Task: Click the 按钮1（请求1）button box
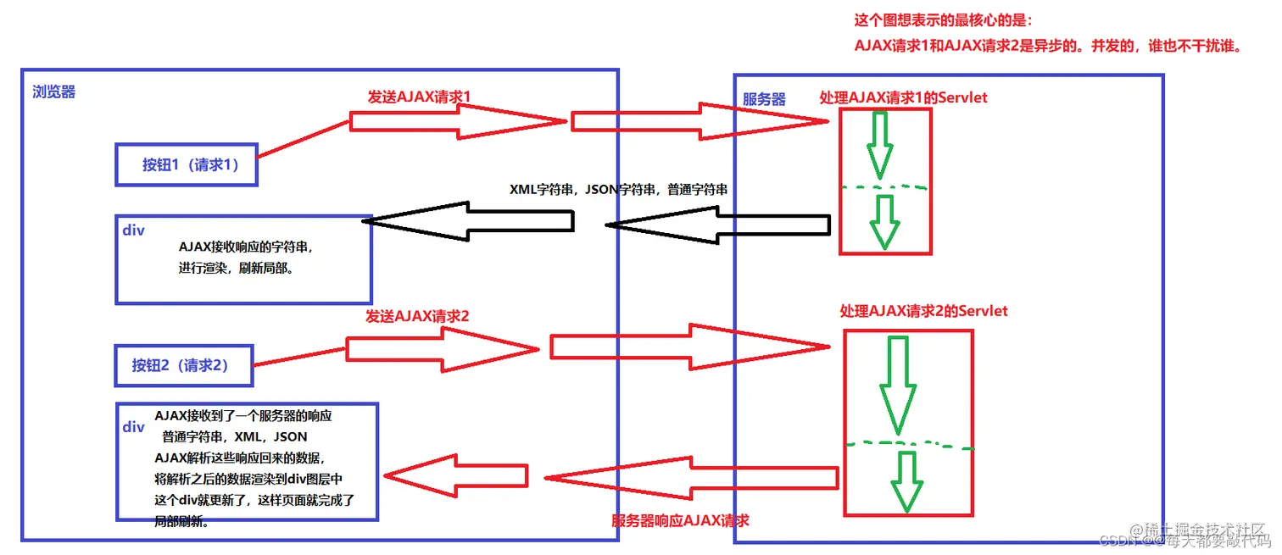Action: [x=186, y=165]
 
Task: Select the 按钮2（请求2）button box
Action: [x=184, y=366]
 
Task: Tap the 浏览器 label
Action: [x=54, y=92]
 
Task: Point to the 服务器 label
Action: [x=764, y=99]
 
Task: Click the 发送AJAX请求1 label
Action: [x=418, y=97]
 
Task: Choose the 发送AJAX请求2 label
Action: [x=417, y=316]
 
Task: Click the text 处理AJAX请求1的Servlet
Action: [x=903, y=97]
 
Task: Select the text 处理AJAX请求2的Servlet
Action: [x=923, y=311]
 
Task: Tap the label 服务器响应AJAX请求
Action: [x=680, y=519]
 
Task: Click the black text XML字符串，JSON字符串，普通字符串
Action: [x=618, y=190]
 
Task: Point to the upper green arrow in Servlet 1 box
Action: [x=880, y=144]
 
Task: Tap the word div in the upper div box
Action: [x=134, y=230]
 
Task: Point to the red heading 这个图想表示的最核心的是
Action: [x=944, y=20]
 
